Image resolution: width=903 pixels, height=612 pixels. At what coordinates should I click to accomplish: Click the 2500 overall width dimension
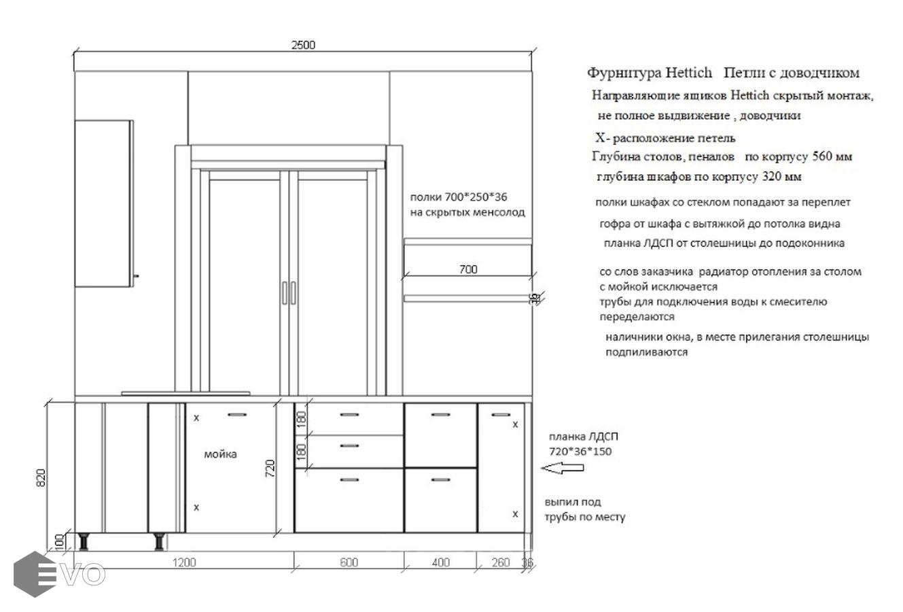[x=303, y=45]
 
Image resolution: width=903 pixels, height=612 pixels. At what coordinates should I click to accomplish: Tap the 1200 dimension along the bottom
[x=184, y=562]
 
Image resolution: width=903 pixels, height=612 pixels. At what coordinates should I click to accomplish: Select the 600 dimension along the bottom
[x=349, y=562]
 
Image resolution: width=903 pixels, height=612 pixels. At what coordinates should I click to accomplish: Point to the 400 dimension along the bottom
[x=440, y=562]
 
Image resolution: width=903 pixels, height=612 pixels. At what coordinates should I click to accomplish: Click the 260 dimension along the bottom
[x=501, y=562]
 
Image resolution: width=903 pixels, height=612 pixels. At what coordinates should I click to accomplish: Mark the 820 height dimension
[x=41, y=477]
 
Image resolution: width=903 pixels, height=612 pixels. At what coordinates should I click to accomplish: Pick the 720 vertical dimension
[x=270, y=469]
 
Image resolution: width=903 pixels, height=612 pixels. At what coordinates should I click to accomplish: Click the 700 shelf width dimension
[x=468, y=269]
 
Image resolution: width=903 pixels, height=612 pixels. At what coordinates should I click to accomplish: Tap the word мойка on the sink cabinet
[x=220, y=454]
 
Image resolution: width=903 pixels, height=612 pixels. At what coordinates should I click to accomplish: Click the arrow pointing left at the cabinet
[x=562, y=468]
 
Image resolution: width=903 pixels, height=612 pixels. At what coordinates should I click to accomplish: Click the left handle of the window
[x=285, y=292]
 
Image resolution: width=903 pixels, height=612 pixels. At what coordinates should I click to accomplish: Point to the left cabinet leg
[x=84, y=541]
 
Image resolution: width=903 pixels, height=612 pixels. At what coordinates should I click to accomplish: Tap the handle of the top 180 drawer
[x=349, y=415]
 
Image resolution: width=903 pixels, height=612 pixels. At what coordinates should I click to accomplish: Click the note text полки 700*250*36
[x=459, y=197]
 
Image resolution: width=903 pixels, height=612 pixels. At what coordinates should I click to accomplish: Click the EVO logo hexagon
[x=35, y=574]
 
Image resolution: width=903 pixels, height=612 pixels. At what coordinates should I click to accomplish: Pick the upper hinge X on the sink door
[x=196, y=418]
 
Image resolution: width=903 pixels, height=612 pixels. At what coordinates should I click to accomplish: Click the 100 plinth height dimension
[x=59, y=541]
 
